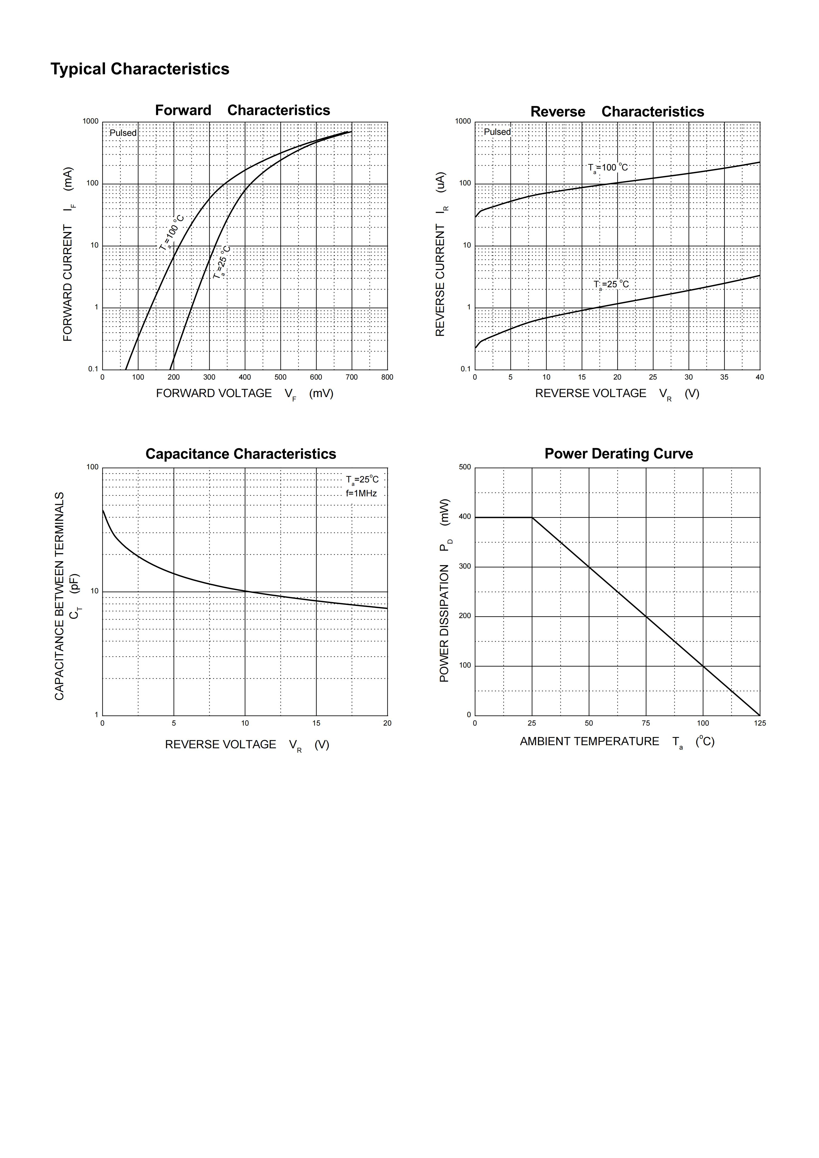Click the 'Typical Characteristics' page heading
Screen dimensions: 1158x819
point(140,69)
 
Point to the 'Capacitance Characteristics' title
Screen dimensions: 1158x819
point(241,454)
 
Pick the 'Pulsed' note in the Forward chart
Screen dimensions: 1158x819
point(123,133)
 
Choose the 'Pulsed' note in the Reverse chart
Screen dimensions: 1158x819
point(497,132)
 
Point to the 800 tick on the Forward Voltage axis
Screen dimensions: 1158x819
point(387,377)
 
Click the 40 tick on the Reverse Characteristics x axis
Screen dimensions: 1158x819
point(759,377)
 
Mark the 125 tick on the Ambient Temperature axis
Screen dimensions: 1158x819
point(759,723)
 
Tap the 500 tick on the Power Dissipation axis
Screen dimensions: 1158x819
point(465,467)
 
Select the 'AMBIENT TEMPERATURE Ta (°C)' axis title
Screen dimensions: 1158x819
point(617,742)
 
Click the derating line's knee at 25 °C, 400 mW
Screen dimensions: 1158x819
point(532,518)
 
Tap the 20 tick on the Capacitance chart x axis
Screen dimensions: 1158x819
point(387,723)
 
